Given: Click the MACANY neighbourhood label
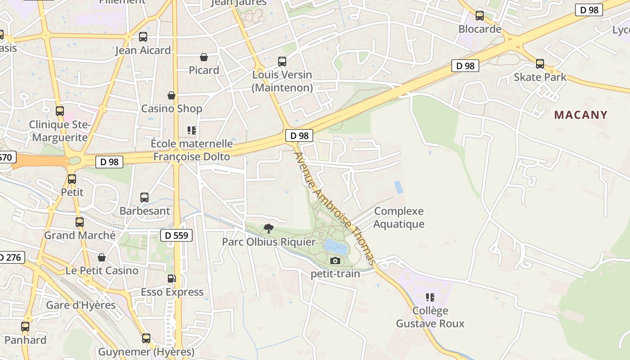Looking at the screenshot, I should coord(580,115).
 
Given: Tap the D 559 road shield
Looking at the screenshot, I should coord(176,235).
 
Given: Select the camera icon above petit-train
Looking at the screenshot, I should coord(335,261).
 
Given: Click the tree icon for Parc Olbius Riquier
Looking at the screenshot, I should coord(269,228).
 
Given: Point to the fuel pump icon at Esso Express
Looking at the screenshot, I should coord(171,279).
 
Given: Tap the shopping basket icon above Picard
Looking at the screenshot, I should coord(204,57).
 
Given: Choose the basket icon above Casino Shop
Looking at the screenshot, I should coord(171,95).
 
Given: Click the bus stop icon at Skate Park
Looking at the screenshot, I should coord(540,64).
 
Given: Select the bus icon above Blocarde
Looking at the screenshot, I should coord(480,16).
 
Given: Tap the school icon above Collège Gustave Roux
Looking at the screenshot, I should coord(430,297).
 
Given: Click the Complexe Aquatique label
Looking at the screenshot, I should coord(399,217).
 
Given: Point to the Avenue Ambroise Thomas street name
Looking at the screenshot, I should coord(335,208).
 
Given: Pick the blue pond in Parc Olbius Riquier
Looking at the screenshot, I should coord(335,247).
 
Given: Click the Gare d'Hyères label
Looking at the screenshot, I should coord(81,305).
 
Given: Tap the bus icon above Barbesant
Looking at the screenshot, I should coord(144,198).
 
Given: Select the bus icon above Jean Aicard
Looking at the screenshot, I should coord(143,37).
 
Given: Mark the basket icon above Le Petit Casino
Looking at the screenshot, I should coord(102,257).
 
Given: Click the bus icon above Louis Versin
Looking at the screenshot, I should coord(282,62).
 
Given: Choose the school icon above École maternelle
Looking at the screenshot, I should coord(192,130).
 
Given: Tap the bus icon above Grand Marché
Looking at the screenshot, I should coord(80,222).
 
